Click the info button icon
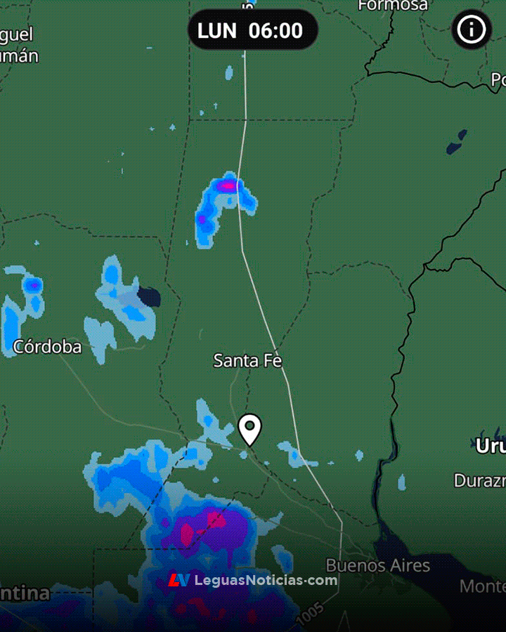(x=472, y=29)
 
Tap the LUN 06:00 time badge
(x=252, y=30)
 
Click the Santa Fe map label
(x=247, y=361)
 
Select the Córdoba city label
(x=47, y=346)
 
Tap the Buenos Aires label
(x=377, y=565)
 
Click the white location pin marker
(x=249, y=428)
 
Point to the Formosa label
(x=393, y=5)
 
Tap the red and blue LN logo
(x=179, y=580)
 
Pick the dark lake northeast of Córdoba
(x=149, y=297)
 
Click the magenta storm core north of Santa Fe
(x=226, y=186)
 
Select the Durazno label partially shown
(x=479, y=481)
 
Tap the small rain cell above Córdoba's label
(x=32, y=286)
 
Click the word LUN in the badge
(x=217, y=30)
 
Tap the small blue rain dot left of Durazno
(x=401, y=482)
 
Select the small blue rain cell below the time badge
(x=229, y=72)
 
